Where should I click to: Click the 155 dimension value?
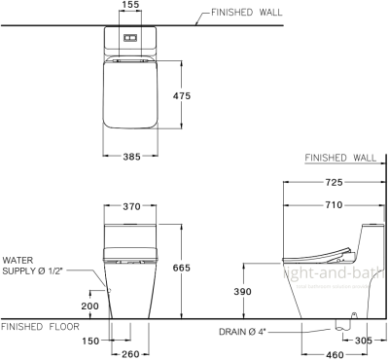(x=130, y=6)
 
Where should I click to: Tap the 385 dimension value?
(x=130, y=157)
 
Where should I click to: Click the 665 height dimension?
(x=194, y=269)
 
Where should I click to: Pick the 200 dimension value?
(x=90, y=305)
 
